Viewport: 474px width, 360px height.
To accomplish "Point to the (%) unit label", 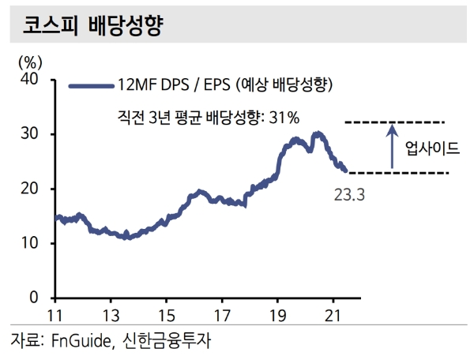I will (x=29, y=60).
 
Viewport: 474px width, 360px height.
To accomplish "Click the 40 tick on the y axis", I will (x=31, y=79).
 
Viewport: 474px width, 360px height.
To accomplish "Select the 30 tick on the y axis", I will (x=31, y=134).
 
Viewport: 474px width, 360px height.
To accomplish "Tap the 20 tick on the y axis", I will (x=31, y=189).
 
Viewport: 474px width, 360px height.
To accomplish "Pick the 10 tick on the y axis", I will (x=31, y=243).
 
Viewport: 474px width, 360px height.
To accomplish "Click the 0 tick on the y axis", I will (x=35, y=298).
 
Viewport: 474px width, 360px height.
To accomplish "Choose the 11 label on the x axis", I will (x=55, y=313).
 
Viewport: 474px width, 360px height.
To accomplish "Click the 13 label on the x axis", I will (x=111, y=313).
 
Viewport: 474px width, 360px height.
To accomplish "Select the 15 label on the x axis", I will (x=166, y=313).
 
